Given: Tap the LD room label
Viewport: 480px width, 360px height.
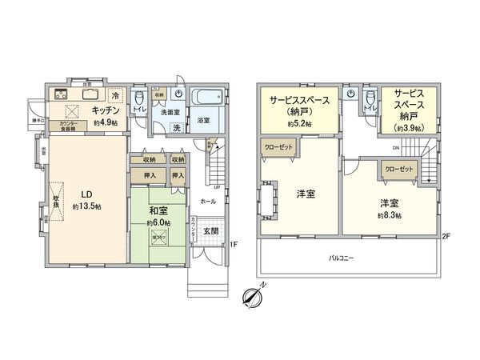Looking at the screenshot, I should click(84, 193).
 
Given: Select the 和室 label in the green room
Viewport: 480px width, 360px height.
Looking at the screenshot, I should click(158, 212).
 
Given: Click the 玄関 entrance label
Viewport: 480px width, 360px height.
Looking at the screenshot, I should click(210, 231).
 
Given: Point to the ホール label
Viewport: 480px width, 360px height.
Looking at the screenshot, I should click(208, 202).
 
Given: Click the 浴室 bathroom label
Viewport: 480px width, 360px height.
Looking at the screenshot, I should click(204, 121).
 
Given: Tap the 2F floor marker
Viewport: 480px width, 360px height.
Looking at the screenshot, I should click(445, 235).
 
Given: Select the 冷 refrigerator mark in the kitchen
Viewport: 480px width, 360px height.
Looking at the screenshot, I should click(116, 95).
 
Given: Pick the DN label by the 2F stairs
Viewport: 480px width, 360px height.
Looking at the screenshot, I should click(397, 148).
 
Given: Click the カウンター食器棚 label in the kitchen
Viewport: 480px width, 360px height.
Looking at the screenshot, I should click(68, 126).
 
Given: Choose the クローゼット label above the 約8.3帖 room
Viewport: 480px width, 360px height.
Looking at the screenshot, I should click(398, 170).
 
